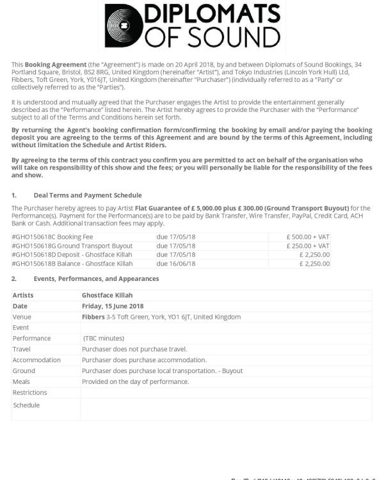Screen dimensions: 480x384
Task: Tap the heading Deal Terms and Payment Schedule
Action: (x=88, y=195)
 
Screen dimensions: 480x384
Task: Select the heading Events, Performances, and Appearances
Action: (x=96, y=279)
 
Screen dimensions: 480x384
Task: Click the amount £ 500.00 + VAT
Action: (x=308, y=237)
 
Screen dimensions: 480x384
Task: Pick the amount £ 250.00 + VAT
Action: (x=308, y=246)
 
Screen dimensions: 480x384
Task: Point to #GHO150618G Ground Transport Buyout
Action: (x=72, y=246)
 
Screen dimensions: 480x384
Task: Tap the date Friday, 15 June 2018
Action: (x=113, y=306)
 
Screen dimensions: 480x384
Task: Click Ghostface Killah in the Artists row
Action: (x=108, y=295)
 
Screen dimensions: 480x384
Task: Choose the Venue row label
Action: (x=22, y=317)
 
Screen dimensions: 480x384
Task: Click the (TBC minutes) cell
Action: (x=104, y=339)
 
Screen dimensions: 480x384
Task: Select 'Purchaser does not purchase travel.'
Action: (x=134, y=349)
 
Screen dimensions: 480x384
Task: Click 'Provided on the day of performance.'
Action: (x=135, y=382)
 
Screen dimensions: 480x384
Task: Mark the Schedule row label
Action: (x=26, y=405)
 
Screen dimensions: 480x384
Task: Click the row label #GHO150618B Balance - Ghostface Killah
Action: (x=72, y=264)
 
